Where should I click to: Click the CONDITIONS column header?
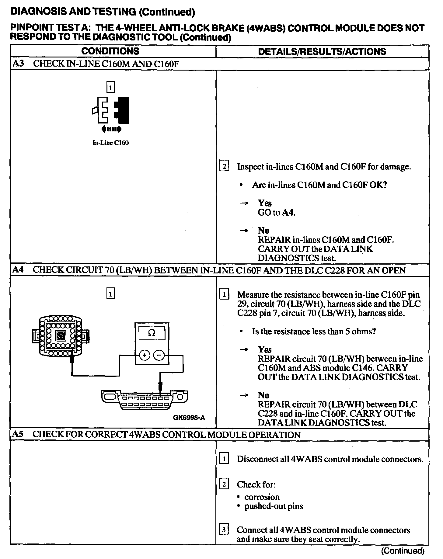[x=110, y=51]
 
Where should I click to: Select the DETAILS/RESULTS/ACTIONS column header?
[x=322, y=51]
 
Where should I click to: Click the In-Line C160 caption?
[x=110, y=143]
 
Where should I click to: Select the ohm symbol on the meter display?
[x=151, y=333]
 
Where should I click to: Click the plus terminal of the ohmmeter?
[x=145, y=355]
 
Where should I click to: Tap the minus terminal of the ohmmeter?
[x=159, y=355]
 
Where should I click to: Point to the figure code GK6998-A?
[x=189, y=418]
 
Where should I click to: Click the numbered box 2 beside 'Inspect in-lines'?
[x=224, y=166]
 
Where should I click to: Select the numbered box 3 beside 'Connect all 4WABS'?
[x=224, y=530]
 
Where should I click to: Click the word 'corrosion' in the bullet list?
[x=262, y=497]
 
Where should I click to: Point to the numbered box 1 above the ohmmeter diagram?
[x=110, y=294]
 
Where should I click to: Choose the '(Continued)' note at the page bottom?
[x=402, y=550]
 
